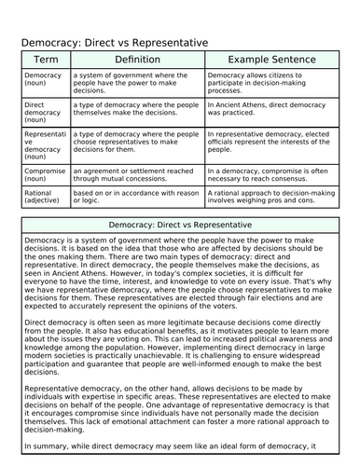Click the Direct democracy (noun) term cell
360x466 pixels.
tap(41, 114)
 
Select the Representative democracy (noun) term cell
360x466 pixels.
tap(43, 144)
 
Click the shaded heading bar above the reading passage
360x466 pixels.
tap(179, 226)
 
